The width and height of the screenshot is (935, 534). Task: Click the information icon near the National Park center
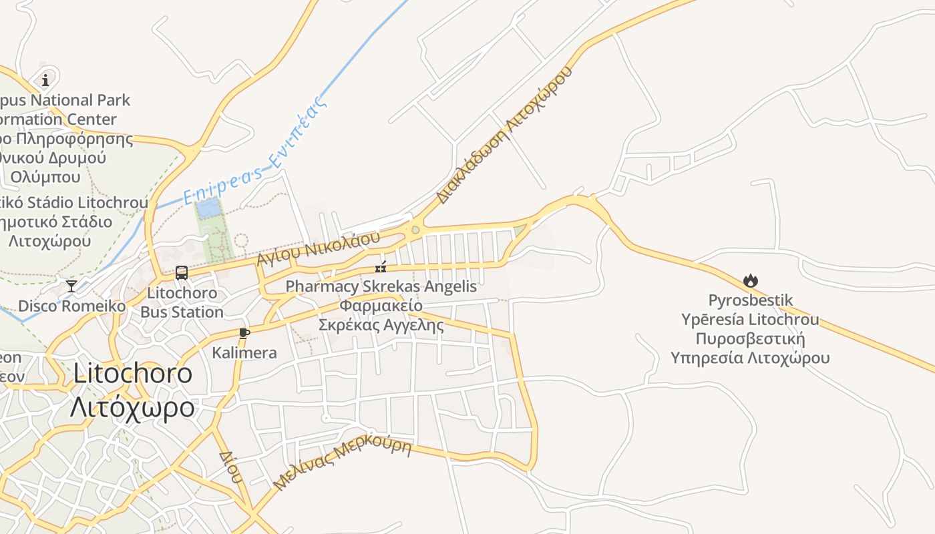point(45,81)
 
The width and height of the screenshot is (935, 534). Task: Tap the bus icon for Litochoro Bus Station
point(181,272)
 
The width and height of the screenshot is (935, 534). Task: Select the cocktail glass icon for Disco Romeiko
point(71,286)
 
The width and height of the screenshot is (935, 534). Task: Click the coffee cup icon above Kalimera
point(244,333)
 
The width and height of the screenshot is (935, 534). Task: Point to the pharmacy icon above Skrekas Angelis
point(381,268)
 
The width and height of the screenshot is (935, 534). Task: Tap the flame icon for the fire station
point(751,281)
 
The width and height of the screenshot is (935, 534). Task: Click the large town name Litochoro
point(132,374)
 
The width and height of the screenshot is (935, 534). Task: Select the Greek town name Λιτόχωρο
point(132,407)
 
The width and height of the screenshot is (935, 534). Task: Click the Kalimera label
point(244,352)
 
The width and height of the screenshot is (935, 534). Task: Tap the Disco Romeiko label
point(71,306)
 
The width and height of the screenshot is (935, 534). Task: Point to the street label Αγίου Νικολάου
point(318,248)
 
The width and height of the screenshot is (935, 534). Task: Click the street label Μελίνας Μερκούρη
point(343,464)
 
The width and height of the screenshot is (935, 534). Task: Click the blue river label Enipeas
point(222,185)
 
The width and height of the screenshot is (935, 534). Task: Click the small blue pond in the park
point(208,209)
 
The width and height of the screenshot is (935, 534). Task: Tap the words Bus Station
point(182,312)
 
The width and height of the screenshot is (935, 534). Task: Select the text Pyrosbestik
point(751,300)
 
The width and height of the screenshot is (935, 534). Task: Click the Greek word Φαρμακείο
point(381,306)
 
